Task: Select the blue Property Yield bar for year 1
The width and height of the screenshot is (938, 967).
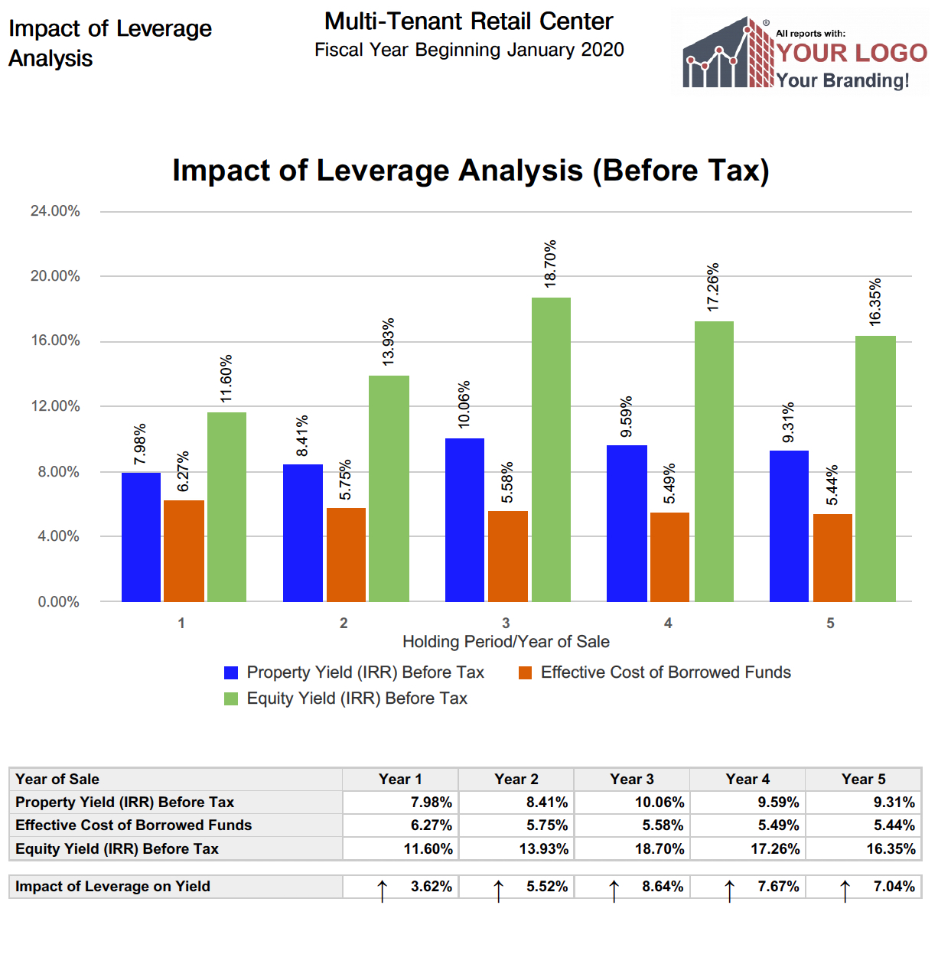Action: [141, 537]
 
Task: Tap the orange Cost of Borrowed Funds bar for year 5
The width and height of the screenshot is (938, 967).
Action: [832, 558]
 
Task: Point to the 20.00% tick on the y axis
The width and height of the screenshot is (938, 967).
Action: [55, 276]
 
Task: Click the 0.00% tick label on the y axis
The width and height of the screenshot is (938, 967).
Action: [59, 602]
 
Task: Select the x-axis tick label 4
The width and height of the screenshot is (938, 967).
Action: [668, 624]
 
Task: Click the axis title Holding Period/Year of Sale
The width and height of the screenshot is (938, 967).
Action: [506, 642]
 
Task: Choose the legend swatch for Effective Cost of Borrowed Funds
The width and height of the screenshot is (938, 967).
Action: [525, 673]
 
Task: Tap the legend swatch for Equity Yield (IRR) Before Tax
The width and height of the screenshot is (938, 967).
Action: [231, 699]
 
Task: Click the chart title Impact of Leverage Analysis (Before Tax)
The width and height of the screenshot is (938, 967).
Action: [471, 171]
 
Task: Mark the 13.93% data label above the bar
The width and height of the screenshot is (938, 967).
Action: [389, 341]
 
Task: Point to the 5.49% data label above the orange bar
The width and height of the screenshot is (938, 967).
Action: [669, 483]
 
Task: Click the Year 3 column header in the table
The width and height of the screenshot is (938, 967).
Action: [631, 780]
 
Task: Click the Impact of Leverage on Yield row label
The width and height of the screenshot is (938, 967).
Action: [112, 887]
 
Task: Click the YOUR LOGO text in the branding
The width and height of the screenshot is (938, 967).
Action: [852, 53]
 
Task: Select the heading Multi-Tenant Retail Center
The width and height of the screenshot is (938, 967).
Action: [468, 21]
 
